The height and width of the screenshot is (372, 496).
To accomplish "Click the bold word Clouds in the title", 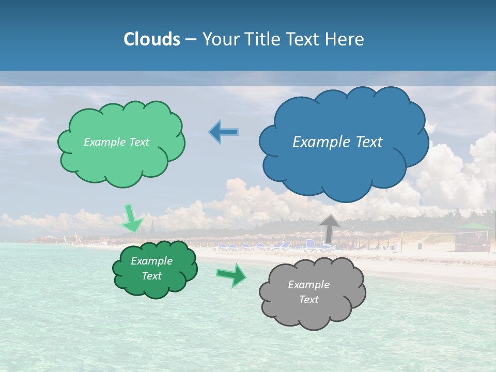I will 152,39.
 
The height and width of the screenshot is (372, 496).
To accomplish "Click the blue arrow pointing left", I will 223,132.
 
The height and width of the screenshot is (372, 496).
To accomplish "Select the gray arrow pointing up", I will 330,228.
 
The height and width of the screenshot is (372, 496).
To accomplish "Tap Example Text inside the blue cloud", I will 337,142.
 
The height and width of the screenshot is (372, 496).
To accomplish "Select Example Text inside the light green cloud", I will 116,142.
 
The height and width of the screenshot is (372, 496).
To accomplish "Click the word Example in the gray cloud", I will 308,285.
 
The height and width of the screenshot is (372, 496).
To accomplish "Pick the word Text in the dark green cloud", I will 151,276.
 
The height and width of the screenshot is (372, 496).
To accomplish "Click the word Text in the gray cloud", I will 308,300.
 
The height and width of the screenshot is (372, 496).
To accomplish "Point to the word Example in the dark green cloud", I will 151,261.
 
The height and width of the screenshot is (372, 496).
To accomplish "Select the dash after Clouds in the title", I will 191,39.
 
